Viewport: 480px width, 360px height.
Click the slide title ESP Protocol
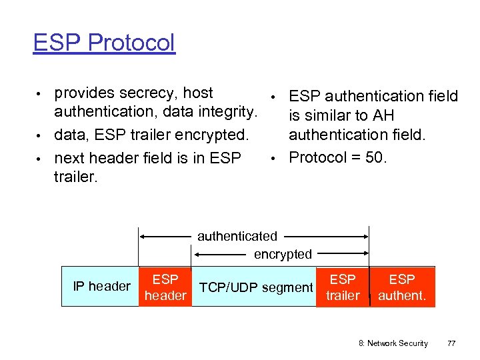(x=104, y=43)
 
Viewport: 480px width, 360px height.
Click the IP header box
(x=101, y=287)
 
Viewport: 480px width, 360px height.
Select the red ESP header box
(x=165, y=287)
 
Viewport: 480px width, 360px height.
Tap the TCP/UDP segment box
(x=257, y=287)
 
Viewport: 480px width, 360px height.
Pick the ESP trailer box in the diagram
(x=343, y=287)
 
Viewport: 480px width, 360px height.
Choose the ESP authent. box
(x=402, y=287)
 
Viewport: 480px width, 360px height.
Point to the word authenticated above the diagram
(x=237, y=236)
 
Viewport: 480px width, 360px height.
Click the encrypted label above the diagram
(x=282, y=254)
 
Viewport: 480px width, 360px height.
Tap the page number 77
(x=451, y=343)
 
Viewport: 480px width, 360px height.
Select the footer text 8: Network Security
(x=393, y=343)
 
